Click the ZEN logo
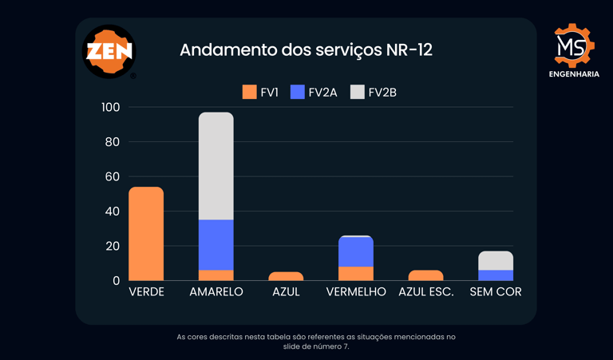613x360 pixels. click(109, 52)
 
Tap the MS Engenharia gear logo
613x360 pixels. click(575, 45)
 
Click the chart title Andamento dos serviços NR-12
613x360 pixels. click(306, 49)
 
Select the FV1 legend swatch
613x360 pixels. click(250, 92)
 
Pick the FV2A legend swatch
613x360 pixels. click(298, 92)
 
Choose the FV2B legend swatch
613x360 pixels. click(358, 92)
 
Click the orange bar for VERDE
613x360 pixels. click(146, 234)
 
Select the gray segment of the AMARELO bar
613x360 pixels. click(216, 166)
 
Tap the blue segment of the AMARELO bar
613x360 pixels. click(216, 245)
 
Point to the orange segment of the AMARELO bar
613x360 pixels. click(216, 275)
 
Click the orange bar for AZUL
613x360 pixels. click(286, 276)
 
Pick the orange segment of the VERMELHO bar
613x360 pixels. click(356, 274)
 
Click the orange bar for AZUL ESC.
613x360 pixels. click(425, 275)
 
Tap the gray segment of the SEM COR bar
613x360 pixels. click(496, 260)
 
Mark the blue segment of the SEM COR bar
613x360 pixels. click(496, 275)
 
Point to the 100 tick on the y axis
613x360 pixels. click(111, 107)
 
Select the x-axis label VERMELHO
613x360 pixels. click(356, 292)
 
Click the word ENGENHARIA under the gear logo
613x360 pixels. click(575, 74)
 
